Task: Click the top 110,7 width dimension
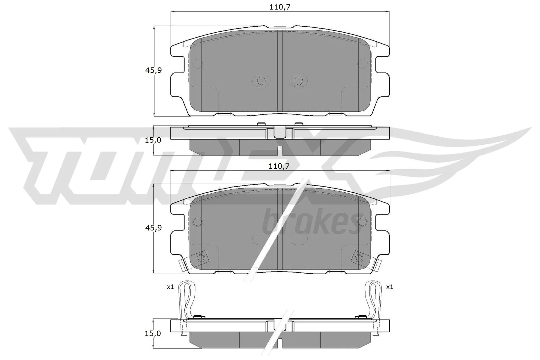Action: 280,7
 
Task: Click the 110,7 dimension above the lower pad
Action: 280,166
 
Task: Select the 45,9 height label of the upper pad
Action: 154,70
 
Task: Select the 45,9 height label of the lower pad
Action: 154,228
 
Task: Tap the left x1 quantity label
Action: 170,287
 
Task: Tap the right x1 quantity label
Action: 389,287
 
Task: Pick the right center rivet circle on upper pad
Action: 298,80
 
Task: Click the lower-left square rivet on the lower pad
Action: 201,258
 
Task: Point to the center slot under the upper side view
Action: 280,150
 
